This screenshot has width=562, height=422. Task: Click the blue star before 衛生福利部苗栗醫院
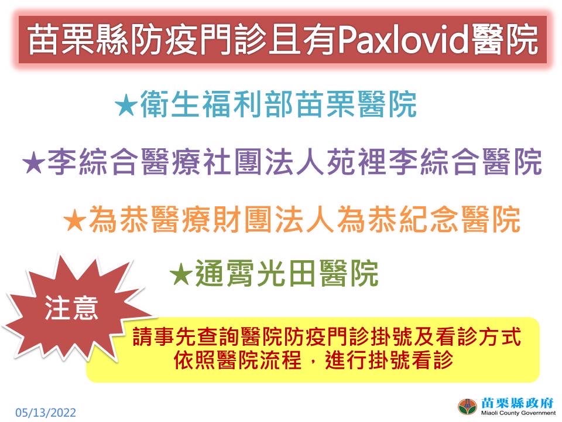[x=126, y=105]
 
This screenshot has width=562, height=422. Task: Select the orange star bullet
[x=75, y=220]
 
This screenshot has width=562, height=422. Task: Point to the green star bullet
[x=181, y=274]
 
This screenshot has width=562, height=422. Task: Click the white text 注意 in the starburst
[x=71, y=309]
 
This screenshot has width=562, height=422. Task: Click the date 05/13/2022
[x=46, y=412]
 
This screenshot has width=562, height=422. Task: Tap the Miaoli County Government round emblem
[x=467, y=407]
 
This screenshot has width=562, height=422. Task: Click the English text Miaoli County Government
[x=518, y=413]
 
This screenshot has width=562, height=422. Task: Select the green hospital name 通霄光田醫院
[x=287, y=274]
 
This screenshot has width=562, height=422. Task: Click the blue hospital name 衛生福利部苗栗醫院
[x=279, y=104]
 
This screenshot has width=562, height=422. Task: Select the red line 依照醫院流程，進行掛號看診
[x=313, y=359]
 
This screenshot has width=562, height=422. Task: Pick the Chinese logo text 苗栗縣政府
[x=517, y=403]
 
